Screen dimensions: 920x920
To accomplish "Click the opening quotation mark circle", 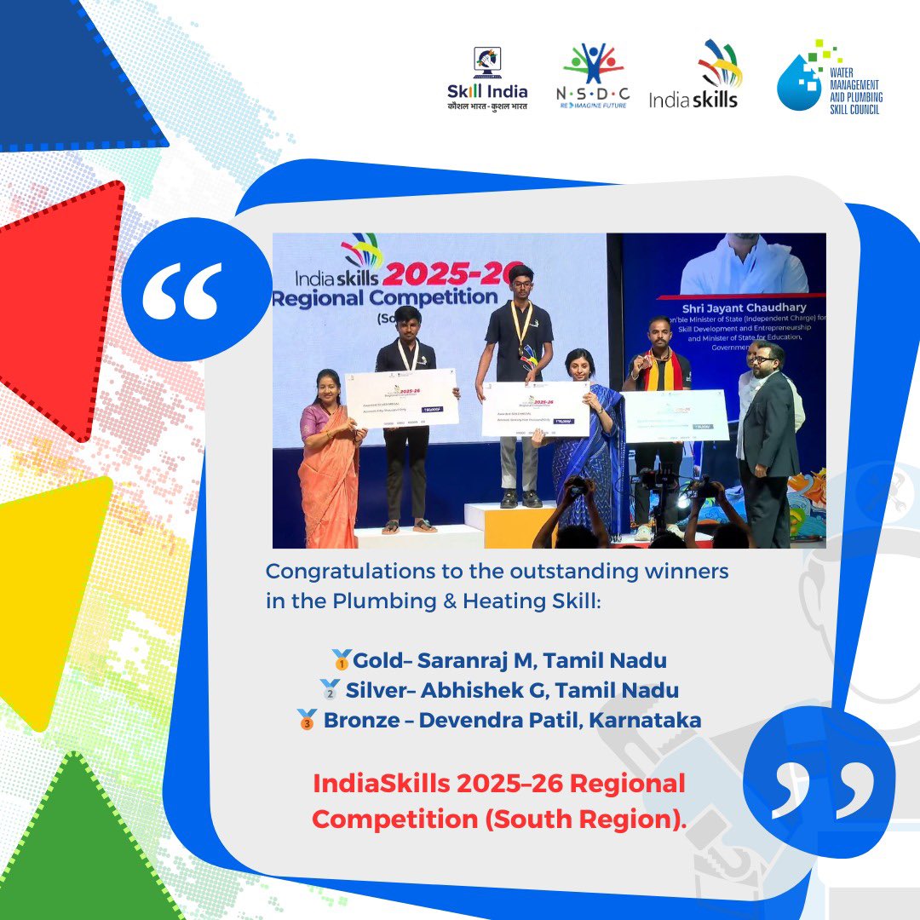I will [x=183, y=290].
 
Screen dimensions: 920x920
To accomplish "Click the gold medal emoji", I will [x=342, y=659].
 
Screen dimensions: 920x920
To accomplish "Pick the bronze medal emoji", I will [x=308, y=720].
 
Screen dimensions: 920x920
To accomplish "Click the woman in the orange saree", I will [x=330, y=460].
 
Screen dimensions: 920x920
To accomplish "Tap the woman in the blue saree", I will [x=588, y=443].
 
